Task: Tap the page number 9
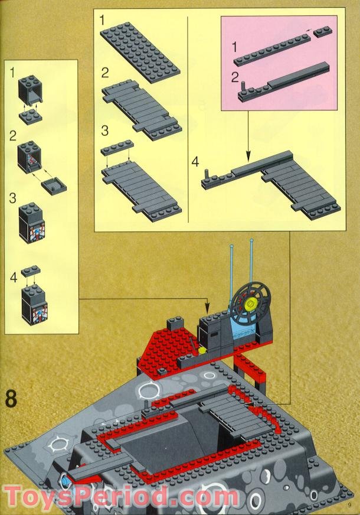(x=349, y=504)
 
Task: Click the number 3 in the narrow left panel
(x=12, y=198)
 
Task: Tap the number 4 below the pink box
(x=195, y=161)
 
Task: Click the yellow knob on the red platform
(x=202, y=350)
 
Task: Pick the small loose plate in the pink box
(x=322, y=32)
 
